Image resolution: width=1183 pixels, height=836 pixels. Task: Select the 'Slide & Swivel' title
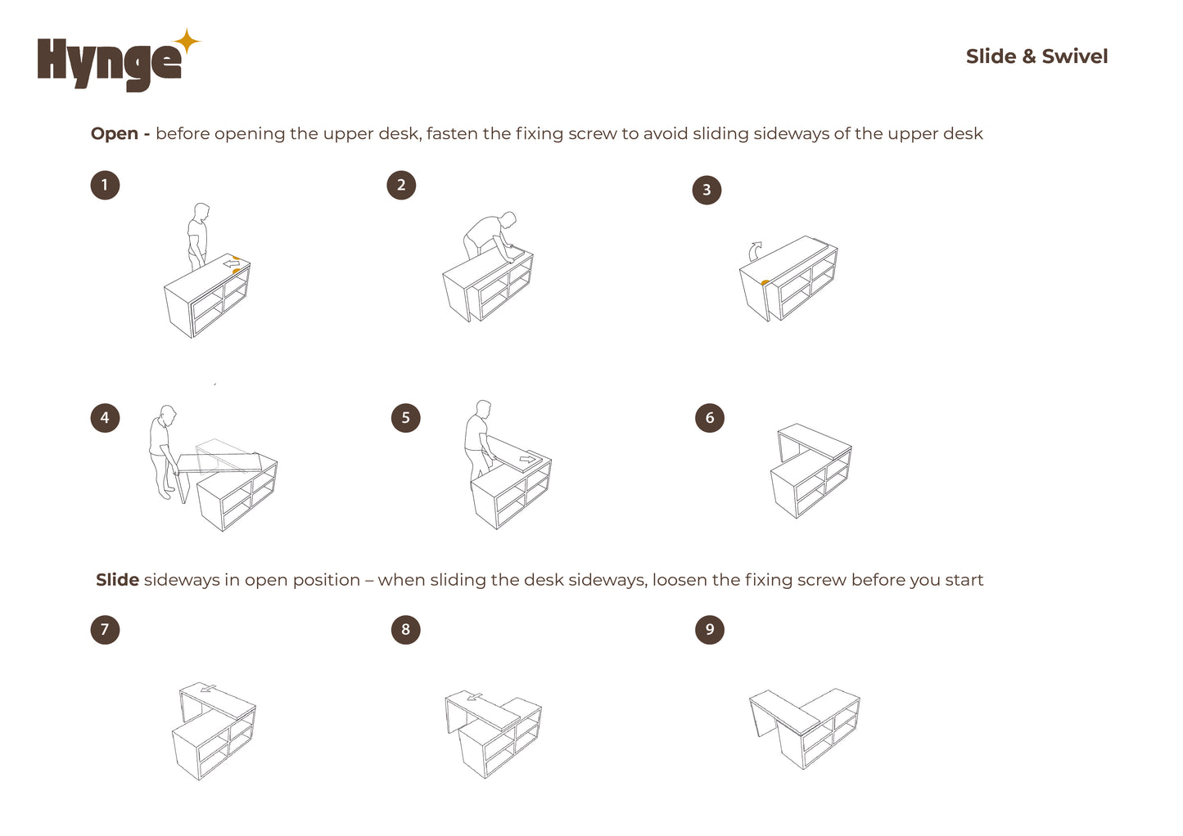coord(1036,56)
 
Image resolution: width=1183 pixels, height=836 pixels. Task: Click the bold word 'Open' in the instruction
coord(114,134)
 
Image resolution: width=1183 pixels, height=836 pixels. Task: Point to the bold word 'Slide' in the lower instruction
coord(117,580)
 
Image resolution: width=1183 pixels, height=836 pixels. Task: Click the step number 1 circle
coord(105,185)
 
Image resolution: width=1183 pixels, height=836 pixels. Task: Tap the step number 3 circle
coord(707,190)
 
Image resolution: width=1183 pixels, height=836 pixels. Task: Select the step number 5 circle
coord(405,418)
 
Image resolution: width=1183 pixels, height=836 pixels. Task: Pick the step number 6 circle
coord(709,418)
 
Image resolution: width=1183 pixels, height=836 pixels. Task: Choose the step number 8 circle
coord(405,630)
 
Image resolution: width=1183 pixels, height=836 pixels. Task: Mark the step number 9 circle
coord(709,630)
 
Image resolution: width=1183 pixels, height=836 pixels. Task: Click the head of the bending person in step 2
coord(508,219)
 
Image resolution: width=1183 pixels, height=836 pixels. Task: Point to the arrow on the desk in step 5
coord(527,459)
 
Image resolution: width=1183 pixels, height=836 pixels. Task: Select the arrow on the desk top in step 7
coord(208,688)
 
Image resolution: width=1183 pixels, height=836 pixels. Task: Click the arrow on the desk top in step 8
coord(474,697)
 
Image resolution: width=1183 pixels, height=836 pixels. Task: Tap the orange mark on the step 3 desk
coord(765,283)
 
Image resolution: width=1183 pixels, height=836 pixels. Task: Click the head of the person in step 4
coord(168,413)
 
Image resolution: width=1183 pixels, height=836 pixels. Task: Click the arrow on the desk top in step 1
coord(231,263)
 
